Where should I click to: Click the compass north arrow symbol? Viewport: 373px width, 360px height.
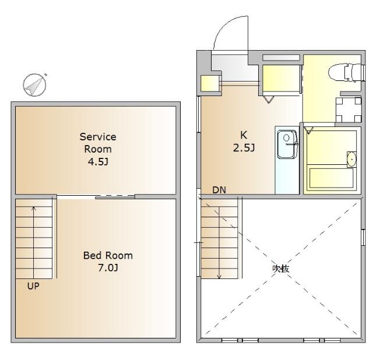coord(35,85)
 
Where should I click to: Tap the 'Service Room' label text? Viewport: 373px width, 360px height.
coord(98,143)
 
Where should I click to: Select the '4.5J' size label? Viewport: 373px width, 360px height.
coord(98,162)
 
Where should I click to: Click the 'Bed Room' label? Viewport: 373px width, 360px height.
coord(108,256)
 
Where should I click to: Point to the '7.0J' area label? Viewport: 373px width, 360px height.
coord(108,268)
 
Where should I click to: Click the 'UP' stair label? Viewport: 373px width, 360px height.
coord(33,286)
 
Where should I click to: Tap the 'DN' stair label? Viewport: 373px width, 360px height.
coord(219,190)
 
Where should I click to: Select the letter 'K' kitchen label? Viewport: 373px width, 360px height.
coord(244,135)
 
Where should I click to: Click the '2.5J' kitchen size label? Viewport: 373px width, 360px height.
coord(244,148)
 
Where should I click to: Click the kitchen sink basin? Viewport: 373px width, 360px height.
coord(287,144)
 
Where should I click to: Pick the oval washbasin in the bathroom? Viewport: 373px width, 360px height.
coord(351,159)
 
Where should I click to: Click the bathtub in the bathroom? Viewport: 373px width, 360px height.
coord(331,178)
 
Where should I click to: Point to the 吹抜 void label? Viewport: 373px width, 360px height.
coord(281,269)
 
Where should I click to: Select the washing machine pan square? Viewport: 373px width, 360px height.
coord(349,110)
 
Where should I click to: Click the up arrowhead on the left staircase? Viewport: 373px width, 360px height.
coord(34,209)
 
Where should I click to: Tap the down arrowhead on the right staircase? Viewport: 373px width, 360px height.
coord(219,277)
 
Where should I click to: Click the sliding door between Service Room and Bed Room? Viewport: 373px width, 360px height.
coord(115,197)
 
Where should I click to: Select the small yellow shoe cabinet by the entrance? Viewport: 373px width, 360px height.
coord(210,83)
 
